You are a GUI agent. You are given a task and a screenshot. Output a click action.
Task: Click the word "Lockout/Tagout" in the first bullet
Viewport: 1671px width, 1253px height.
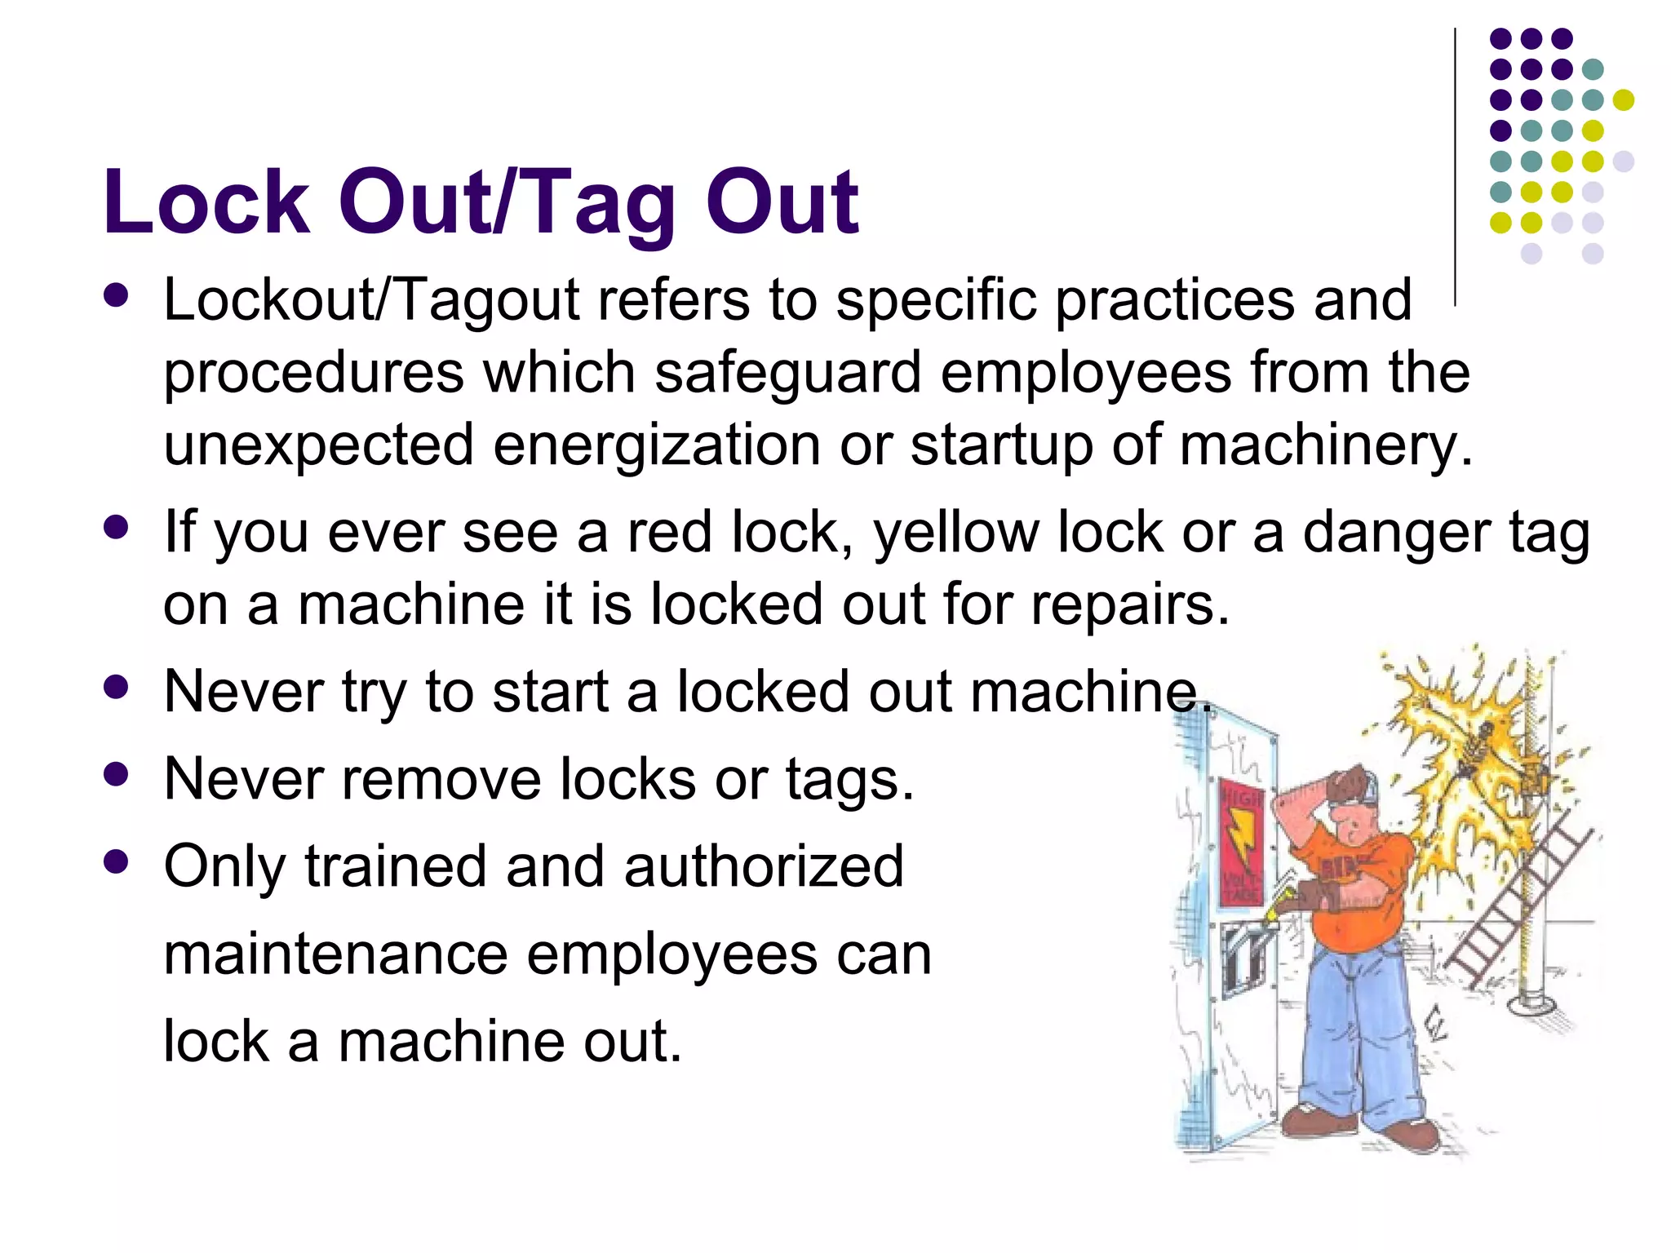pos(372,300)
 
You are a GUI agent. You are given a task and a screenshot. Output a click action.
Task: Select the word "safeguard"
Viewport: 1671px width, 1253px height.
pos(787,372)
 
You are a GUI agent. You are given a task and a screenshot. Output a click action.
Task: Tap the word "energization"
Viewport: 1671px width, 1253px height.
pos(656,445)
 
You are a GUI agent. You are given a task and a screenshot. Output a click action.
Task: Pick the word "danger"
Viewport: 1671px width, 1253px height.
pos(1396,532)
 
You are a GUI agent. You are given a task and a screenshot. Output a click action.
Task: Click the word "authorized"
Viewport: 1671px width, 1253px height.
pos(764,866)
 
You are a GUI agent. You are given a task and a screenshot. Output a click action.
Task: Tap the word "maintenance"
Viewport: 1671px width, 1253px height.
pos(335,954)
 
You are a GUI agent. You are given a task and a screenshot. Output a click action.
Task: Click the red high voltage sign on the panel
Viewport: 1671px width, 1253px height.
pos(1241,840)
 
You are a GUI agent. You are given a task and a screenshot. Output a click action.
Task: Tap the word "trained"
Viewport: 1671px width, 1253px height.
pos(396,866)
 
